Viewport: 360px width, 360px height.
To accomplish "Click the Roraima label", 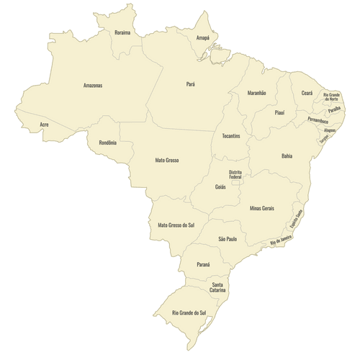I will pos(122,32).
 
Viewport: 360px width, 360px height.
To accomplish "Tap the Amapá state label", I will pos(203,37).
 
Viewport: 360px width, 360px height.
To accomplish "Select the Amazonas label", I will pos(93,85).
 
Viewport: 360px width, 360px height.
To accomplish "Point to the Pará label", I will pos(191,84).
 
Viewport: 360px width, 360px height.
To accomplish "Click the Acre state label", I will pos(45,125).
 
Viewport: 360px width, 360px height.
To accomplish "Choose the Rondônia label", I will pos(107,142).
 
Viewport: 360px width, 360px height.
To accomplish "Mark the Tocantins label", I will pos(231,136).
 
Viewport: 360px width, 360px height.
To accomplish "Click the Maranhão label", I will pos(257,93).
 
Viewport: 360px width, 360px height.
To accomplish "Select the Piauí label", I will pos(280,112).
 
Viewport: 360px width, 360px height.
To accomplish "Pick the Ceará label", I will pos(307,93).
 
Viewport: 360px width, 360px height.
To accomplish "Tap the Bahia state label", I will pos(287,156).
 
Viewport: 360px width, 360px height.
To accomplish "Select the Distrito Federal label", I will pos(235,174).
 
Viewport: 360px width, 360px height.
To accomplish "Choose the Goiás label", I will pos(220,186).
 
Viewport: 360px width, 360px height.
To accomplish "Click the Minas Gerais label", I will pos(262,207).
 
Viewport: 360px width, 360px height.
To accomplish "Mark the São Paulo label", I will pos(228,238).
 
